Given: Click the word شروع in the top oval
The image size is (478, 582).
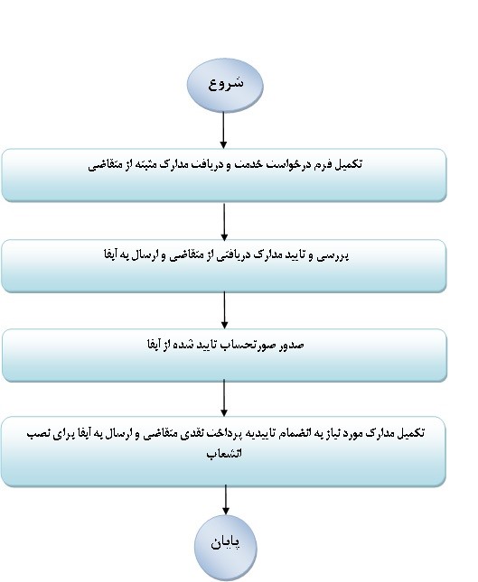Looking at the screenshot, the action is coord(226,83).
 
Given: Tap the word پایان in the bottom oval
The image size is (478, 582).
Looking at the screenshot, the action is coord(226,542).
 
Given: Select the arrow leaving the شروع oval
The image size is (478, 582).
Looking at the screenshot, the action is coord(223,130).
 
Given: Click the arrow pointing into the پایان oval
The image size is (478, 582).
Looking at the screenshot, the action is coord(225,500).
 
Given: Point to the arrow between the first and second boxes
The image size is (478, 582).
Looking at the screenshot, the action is coord(224,222).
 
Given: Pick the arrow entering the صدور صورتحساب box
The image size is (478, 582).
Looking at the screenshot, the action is coord(224,309).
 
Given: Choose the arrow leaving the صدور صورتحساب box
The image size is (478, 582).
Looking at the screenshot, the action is coord(224,398).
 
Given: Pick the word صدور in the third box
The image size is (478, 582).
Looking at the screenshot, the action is coord(294,346).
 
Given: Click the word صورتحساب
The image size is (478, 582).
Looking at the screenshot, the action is coord(251,346).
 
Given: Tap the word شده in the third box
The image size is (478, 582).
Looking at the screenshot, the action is coord(183,346).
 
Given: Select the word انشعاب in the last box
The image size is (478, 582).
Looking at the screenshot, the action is coord(224,454).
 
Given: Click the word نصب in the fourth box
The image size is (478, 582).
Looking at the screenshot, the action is coord(38,433).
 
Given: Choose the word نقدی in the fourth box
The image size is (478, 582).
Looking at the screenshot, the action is coord(190,433).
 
